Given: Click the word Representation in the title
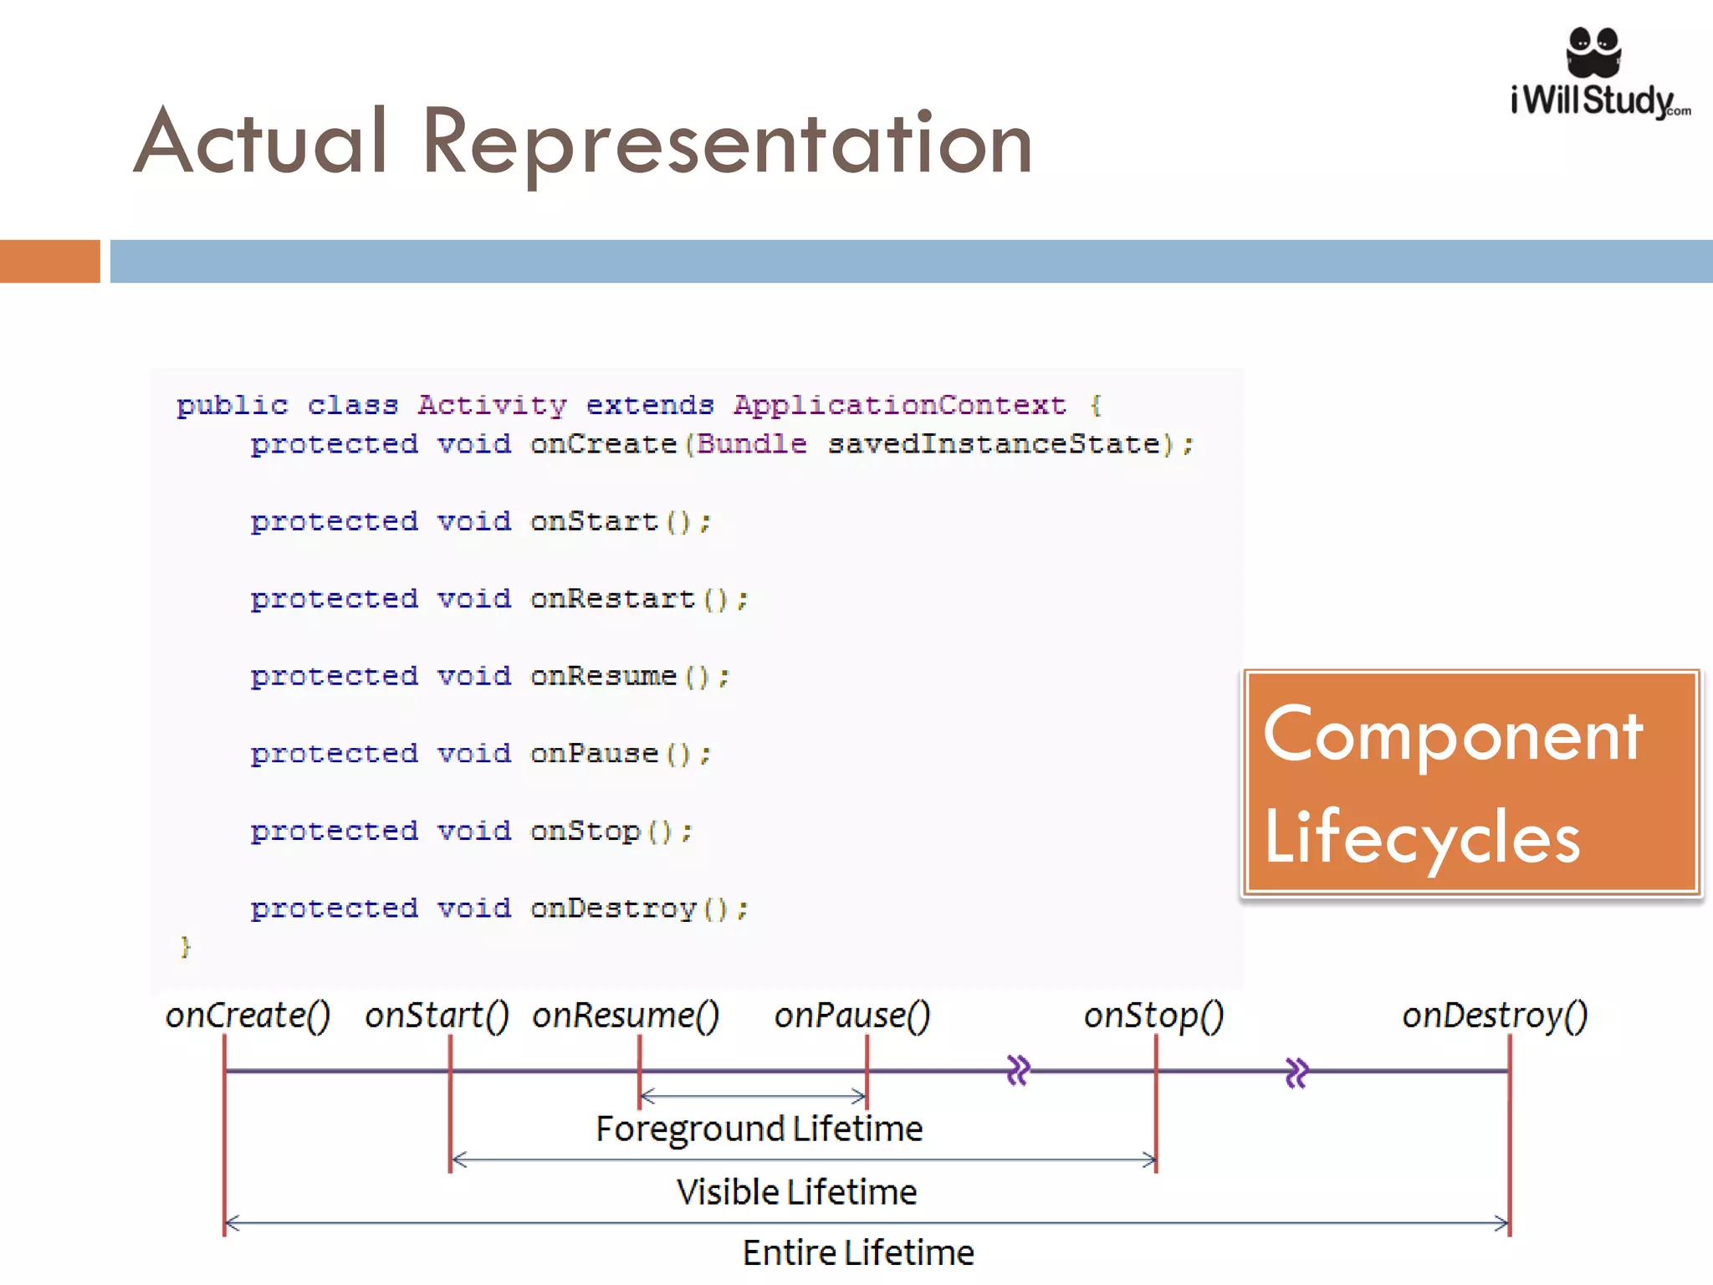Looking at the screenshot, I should [x=727, y=143].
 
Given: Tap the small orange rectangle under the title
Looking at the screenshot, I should [x=49, y=261].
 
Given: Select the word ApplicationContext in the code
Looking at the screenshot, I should [x=900, y=406].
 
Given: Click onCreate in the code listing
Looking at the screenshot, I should [x=603, y=444].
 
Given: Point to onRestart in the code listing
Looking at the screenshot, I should [x=612, y=599].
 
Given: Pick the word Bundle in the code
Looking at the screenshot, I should [x=752, y=444].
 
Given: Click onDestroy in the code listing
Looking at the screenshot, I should [x=613, y=909].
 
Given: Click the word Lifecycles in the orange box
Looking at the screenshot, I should [x=1422, y=838].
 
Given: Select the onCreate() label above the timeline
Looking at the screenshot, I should [x=248, y=1016].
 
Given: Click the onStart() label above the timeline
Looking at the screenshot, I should [x=437, y=1016].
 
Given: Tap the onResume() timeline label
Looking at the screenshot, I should [x=626, y=1016].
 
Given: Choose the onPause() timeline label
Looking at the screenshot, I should [x=851, y=1016].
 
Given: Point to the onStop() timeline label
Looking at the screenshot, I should [x=1153, y=1016].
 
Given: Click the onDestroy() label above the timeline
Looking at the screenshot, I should [x=1495, y=1016].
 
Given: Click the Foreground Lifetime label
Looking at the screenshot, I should [x=759, y=1129].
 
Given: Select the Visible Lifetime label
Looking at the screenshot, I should [x=796, y=1192].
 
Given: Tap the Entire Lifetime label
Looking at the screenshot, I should [x=858, y=1253].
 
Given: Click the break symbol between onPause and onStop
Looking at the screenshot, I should [x=1018, y=1071].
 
